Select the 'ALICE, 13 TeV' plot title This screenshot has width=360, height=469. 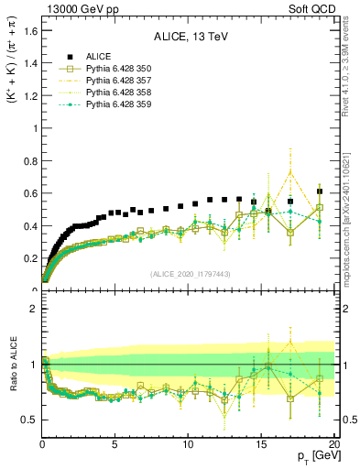(x=190, y=38)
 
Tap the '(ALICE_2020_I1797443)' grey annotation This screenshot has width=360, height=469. (x=189, y=275)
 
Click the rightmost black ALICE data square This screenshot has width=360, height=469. (x=319, y=191)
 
